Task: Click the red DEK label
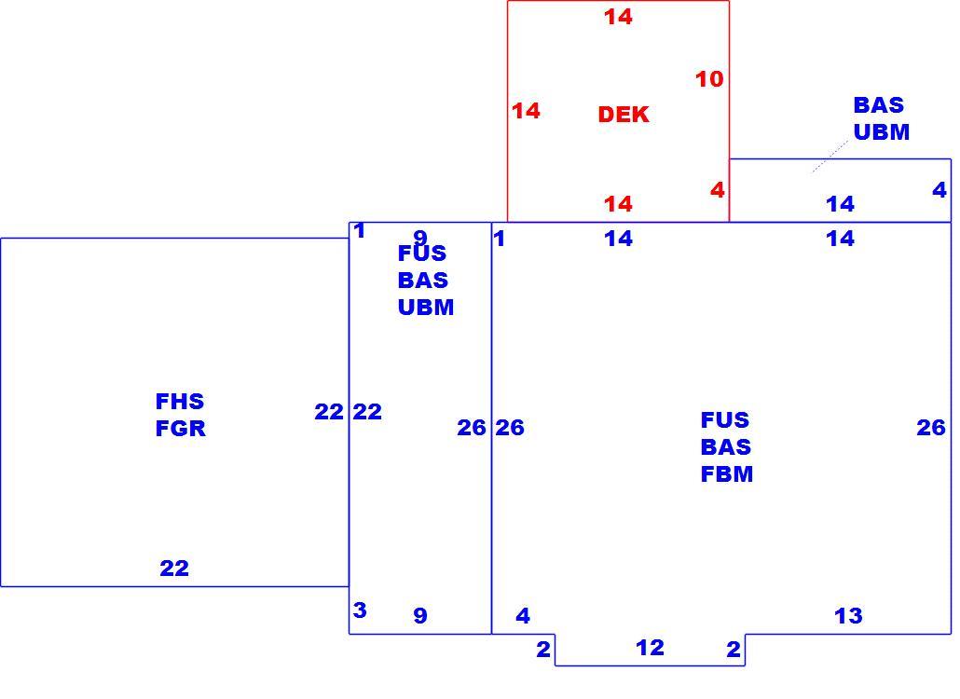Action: (624, 115)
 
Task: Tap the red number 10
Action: (709, 79)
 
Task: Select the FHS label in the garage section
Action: (180, 402)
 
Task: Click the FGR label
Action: (181, 429)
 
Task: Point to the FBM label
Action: (727, 474)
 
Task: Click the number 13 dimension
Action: (848, 616)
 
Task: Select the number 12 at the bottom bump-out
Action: (651, 648)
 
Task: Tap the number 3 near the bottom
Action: (360, 610)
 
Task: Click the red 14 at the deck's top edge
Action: (618, 17)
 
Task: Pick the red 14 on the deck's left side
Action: (526, 111)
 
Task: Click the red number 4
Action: (718, 190)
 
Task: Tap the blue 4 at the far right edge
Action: (939, 190)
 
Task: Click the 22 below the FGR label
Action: (174, 569)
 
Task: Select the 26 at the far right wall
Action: (931, 428)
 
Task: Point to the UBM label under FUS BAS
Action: (426, 308)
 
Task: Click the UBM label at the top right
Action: (882, 132)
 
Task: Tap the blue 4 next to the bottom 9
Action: (523, 616)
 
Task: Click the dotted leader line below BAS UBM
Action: (830, 157)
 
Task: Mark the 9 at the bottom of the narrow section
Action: (420, 616)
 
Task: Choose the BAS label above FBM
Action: (726, 447)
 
